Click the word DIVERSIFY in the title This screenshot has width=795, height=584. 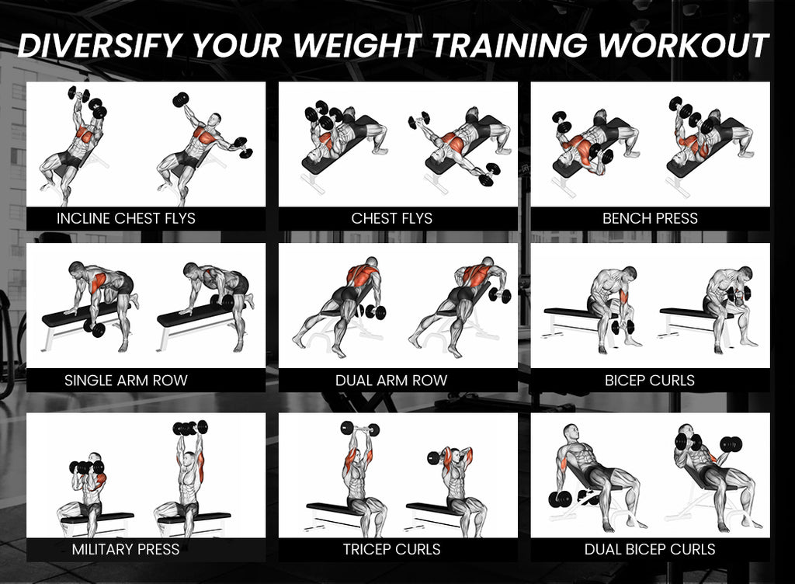(99, 45)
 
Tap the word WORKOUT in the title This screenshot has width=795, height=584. (683, 45)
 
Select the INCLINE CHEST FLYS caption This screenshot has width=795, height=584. (126, 218)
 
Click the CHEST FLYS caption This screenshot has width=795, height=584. (392, 218)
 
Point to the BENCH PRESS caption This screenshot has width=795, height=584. (650, 218)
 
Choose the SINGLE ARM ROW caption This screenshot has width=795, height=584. (126, 381)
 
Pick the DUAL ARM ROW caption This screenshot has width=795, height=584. (391, 381)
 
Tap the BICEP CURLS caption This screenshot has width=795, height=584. (650, 381)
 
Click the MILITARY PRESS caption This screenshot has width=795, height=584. (126, 549)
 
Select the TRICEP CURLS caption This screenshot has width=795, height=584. (392, 549)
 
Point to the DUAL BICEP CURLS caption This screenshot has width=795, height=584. (650, 549)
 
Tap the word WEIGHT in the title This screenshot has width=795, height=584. (357, 45)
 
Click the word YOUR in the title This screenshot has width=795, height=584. (237, 45)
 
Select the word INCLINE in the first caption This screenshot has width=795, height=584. (84, 218)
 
